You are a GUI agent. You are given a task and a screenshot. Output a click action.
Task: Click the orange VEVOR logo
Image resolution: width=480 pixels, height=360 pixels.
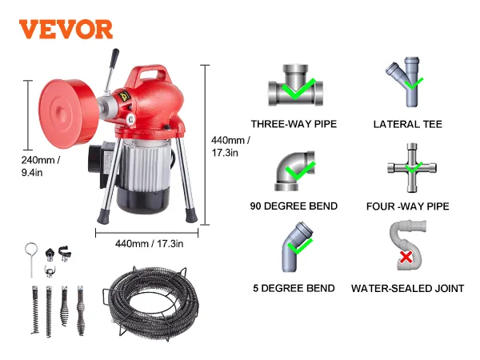pos(66,30)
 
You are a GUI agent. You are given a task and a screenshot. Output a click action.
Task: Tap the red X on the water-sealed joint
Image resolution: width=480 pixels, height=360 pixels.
pos(406,257)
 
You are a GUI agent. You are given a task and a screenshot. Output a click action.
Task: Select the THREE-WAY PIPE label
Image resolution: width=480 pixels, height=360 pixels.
pos(294,124)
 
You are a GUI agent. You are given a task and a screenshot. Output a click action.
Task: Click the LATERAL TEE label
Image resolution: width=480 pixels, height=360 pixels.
pos(408,124)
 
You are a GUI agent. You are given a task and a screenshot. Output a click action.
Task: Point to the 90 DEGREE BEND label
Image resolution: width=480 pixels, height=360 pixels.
pos(294,206)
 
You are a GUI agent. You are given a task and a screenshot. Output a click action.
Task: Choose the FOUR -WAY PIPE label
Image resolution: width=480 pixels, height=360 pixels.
pos(408,206)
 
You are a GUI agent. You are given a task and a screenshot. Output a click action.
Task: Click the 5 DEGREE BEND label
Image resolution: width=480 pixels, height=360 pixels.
pos(294,288)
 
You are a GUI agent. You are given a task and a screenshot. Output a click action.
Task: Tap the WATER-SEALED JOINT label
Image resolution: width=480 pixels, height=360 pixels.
pos(408,288)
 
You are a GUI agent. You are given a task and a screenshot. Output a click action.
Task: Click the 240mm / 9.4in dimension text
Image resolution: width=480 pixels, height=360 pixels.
pos(41,166)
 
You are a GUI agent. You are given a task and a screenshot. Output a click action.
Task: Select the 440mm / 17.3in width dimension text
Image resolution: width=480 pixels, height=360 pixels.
pos(150,244)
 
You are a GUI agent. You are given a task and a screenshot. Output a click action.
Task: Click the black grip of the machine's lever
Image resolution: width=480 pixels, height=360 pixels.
pos(114,56)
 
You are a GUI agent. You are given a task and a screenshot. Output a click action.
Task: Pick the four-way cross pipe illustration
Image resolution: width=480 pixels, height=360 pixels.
pos(412,168)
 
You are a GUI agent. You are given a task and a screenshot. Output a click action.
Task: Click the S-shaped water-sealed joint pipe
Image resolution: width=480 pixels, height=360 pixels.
pos(408,245)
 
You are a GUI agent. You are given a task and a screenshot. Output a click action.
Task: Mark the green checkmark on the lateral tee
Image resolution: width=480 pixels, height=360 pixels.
pos(414,83)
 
